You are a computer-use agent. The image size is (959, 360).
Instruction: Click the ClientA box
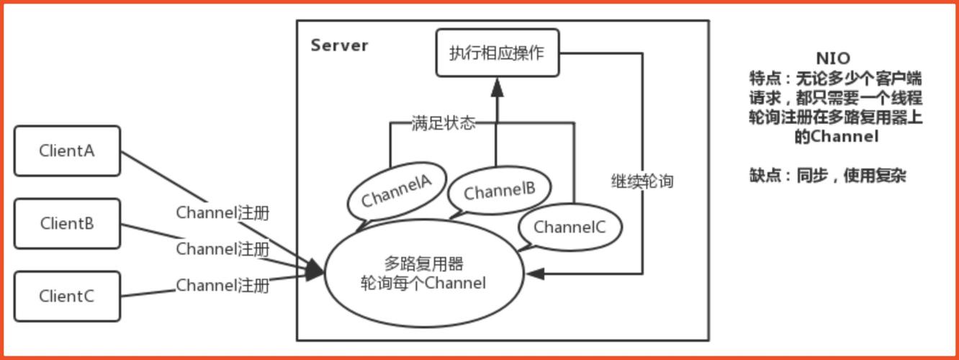[67, 151]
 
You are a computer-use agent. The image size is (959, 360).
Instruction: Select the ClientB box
[67, 224]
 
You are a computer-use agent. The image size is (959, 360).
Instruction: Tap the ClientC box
[67, 296]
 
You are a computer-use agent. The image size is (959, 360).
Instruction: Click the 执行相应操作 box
[497, 53]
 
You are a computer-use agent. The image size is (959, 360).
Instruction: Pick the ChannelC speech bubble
[569, 228]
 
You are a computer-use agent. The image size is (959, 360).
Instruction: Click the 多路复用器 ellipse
[423, 274]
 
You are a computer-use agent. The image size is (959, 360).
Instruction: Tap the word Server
[339, 45]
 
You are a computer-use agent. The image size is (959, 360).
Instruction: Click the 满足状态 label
[444, 123]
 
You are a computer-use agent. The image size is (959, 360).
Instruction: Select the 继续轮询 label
[641, 181]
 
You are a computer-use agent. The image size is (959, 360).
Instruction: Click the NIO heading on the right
[833, 58]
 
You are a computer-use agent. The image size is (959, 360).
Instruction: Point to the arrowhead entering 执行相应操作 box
[497, 87]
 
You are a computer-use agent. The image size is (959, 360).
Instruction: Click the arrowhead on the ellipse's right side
[534, 274]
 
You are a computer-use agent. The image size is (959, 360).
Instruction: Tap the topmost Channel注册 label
[222, 213]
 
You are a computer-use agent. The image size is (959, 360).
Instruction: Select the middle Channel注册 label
[222, 249]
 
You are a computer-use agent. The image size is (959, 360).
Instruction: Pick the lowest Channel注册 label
[222, 285]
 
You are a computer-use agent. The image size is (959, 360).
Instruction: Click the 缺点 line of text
[827, 175]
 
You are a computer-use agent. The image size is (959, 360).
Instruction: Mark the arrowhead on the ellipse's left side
[316, 271]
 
